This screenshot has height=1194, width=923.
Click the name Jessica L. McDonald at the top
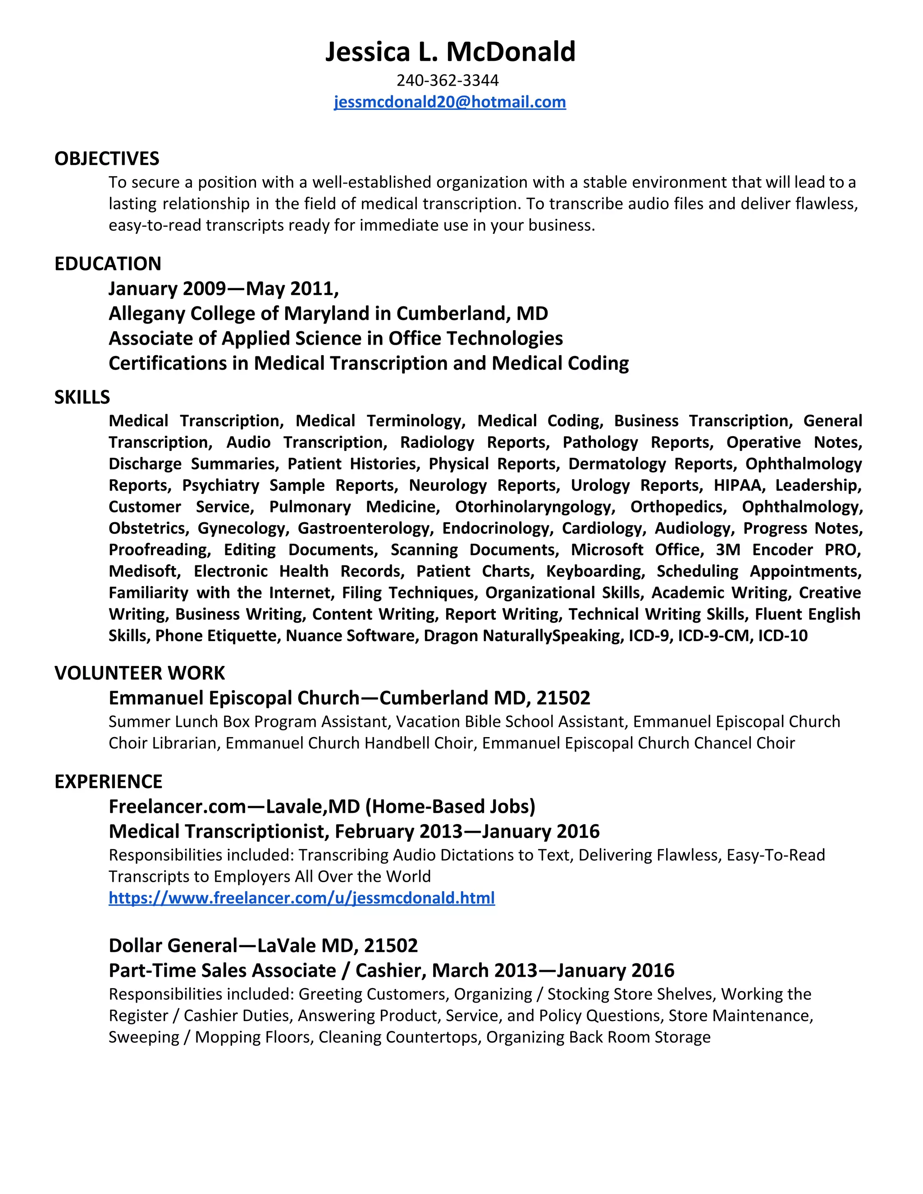(x=450, y=52)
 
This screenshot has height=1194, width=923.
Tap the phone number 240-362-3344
(x=447, y=80)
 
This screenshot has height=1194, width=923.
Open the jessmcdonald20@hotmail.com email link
(x=449, y=102)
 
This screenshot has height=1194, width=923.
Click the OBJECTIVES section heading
(x=107, y=159)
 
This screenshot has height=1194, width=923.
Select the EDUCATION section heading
(x=108, y=264)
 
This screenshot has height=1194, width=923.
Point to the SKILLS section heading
(x=82, y=397)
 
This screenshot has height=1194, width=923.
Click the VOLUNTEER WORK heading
(x=139, y=673)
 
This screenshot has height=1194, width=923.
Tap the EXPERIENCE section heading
(x=108, y=782)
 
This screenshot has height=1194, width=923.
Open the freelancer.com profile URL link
(x=302, y=898)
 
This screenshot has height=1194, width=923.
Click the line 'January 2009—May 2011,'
(x=224, y=289)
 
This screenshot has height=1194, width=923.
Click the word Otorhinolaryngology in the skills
(x=534, y=507)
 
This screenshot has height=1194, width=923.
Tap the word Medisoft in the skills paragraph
(x=144, y=571)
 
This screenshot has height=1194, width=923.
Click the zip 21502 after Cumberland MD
(x=563, y=698)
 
